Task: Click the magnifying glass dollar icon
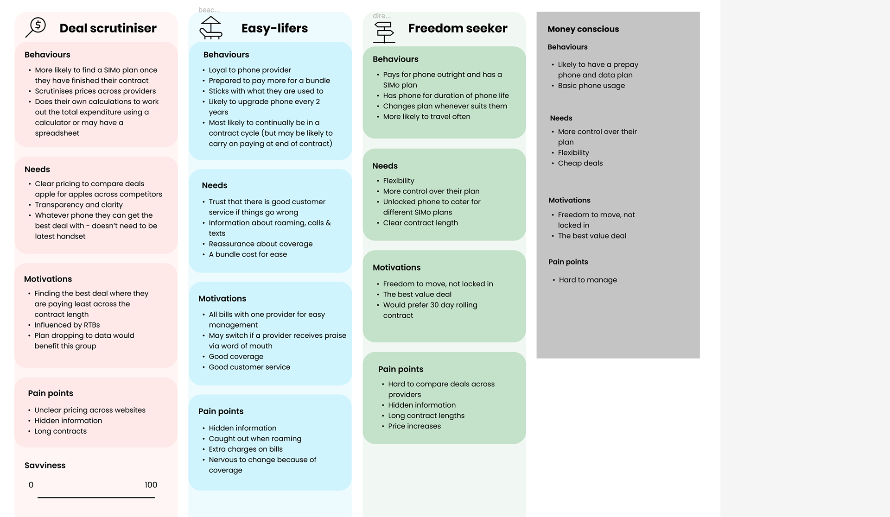36,27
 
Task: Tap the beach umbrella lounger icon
210,28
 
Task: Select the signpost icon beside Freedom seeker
384,32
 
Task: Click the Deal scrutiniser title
108,28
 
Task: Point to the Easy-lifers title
274,28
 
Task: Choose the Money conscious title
583,29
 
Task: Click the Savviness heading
45,466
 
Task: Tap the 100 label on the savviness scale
151,485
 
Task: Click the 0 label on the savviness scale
31,485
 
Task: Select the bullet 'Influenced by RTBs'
67,325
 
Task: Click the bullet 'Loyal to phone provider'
249,70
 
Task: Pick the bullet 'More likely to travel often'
426,117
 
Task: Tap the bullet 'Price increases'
414,426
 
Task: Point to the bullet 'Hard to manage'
588,280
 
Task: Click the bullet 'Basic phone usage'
591,86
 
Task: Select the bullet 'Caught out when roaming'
254,439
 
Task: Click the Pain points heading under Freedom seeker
400,369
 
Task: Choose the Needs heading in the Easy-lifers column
215,185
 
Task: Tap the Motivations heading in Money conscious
569,200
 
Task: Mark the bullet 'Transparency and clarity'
78,205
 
